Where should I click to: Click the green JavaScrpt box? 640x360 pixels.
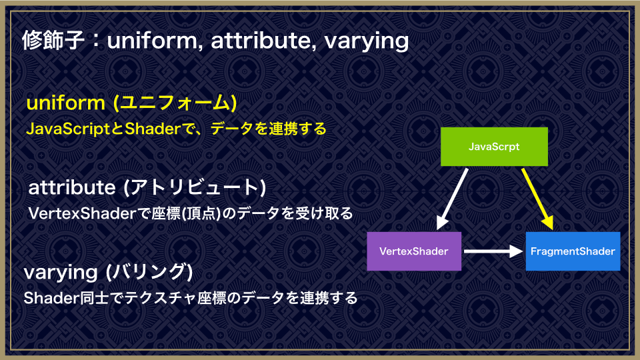[x=494, y=147]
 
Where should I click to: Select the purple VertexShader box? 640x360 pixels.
[x=414, y=251]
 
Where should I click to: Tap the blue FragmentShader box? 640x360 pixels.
[x=573, y=251]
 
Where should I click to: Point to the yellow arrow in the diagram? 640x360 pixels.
[x=537, y=199]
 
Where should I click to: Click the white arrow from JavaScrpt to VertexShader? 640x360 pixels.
[x=452, y=199]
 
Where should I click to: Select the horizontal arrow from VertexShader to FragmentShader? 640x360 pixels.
[x=493, y=251]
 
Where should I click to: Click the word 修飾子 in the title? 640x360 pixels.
[x=53, y=41]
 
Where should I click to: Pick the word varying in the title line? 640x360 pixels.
[x=367, y=41]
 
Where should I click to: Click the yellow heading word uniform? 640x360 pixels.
[x=66, y=103]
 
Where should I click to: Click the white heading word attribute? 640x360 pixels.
[x=72, y=187]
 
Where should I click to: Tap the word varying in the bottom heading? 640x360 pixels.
[x=61, y=273]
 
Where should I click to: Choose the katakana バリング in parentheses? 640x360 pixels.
[x=149, y=272]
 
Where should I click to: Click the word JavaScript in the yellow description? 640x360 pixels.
[x=69, y=129]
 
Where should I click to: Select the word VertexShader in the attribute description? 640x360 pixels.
[x=81, y=213]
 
